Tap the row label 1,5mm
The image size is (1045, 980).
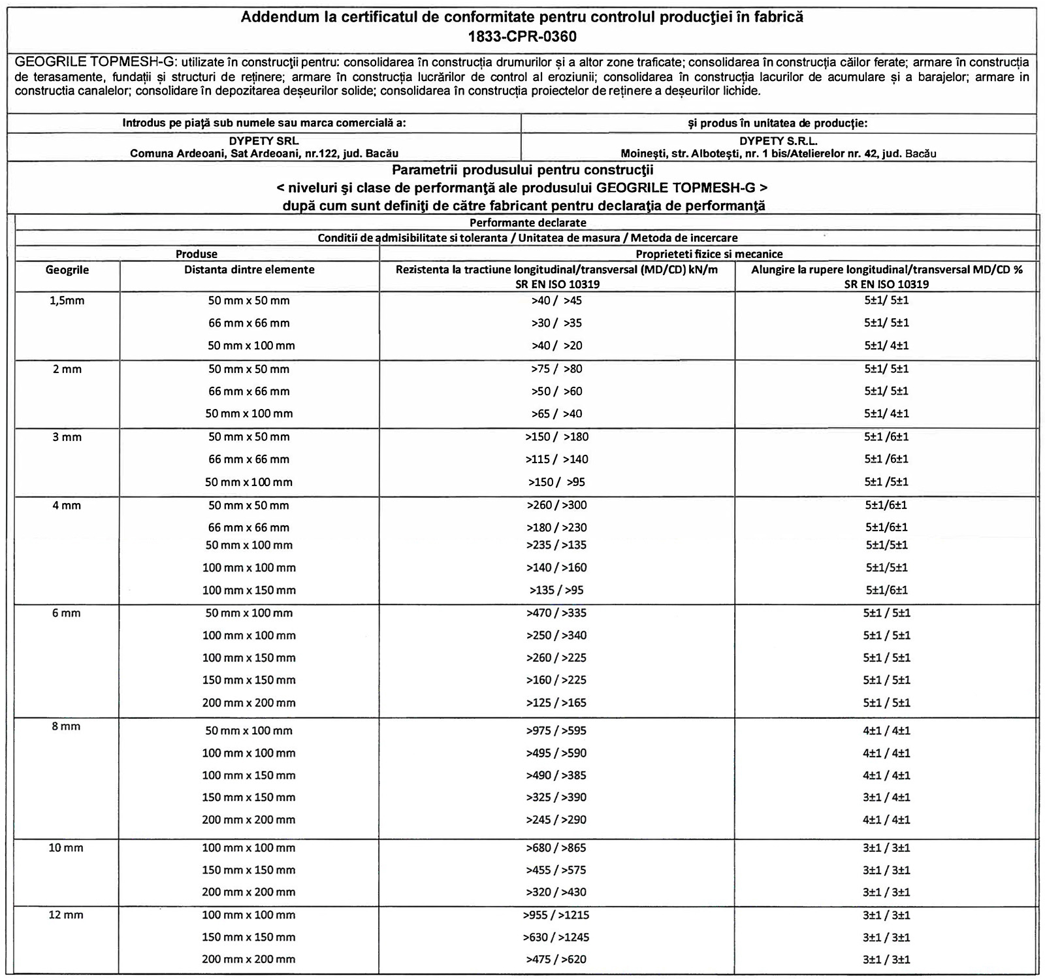tap(67, 301)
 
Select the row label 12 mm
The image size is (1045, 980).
tap(66, 915)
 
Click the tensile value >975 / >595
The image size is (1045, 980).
tap(556, 730)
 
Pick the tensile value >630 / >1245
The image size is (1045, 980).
tap(556, 937)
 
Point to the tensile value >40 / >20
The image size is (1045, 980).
tap(556, 345)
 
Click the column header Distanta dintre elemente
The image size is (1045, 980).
tap(249, 269)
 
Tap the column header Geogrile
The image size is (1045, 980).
tap(67, 269)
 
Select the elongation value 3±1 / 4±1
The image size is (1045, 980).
tap(886, 797)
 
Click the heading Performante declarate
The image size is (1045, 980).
tap(528, 222)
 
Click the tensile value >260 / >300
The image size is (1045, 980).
tap(556, 505)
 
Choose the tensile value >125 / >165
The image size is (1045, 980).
tap(556, 703)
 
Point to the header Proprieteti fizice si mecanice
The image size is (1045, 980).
tap(709, 253)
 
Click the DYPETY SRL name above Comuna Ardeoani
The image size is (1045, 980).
tap(264, 140)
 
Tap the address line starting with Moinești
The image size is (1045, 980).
tap(778, 154)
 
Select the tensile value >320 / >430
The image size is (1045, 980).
tap(556, 892)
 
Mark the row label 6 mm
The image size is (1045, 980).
tap(66, 613)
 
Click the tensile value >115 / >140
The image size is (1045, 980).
tap(556, 459)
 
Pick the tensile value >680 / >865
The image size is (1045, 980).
tap(556, 847)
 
